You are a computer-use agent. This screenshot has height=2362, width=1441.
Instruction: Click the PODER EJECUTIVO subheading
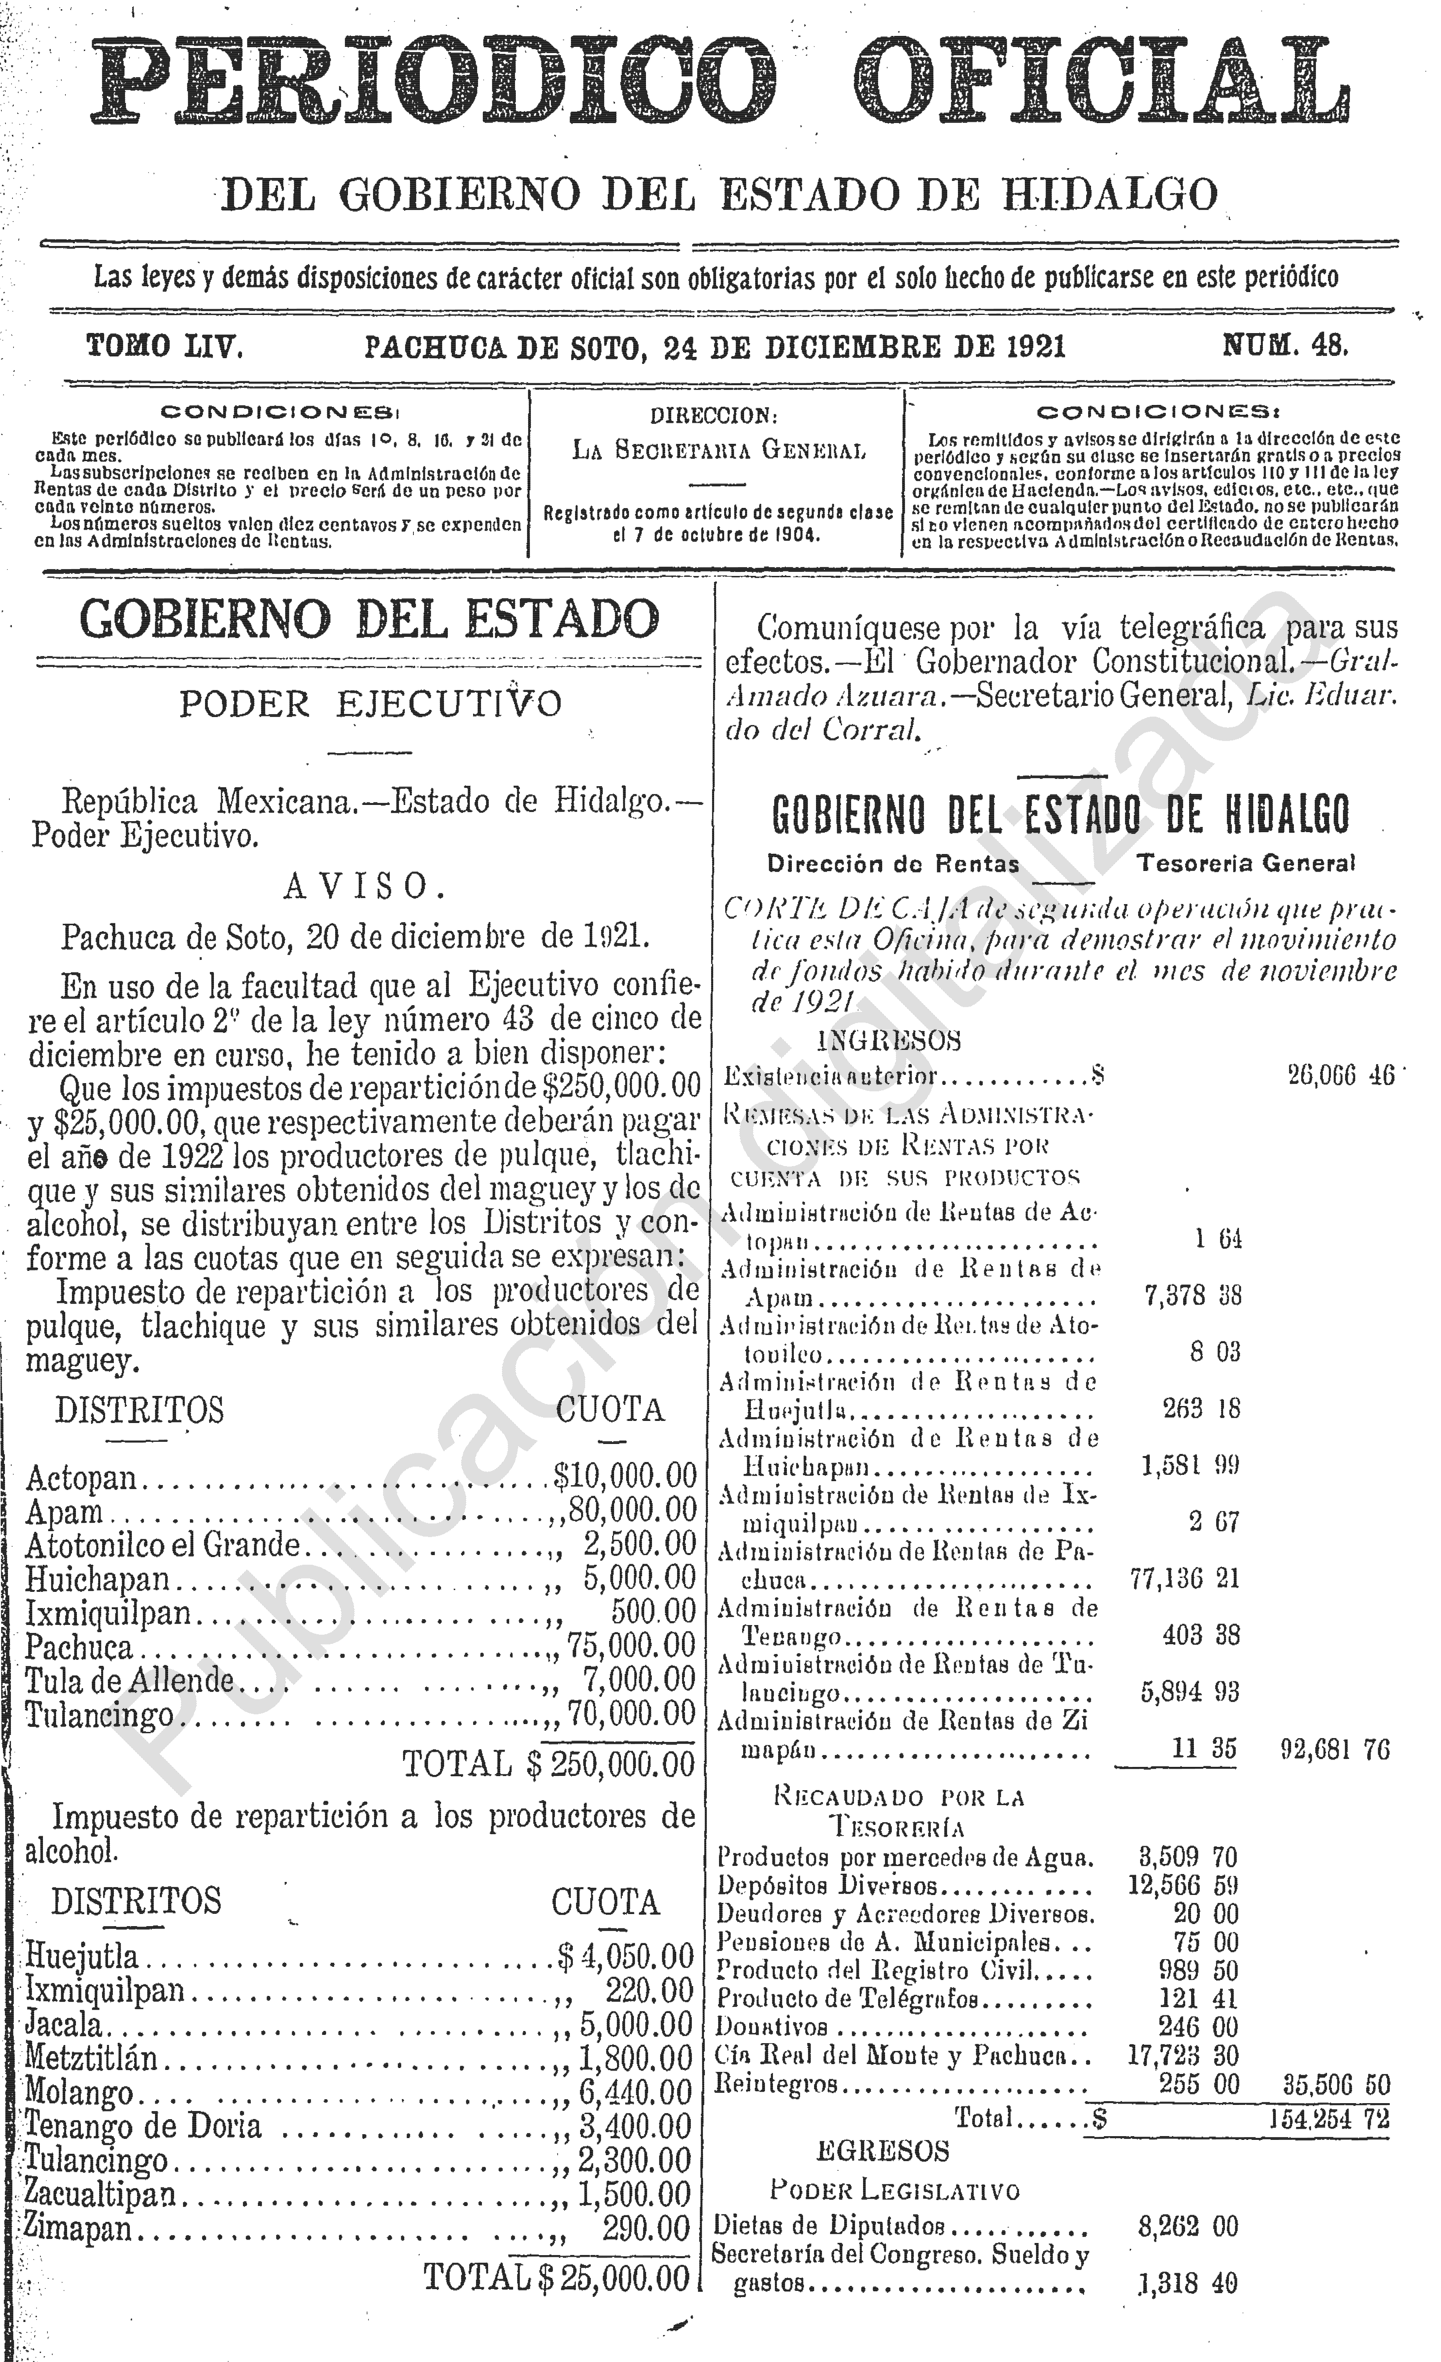click(x=370, y=705)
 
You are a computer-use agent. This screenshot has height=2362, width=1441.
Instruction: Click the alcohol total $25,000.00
click(x=614, y=2278)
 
